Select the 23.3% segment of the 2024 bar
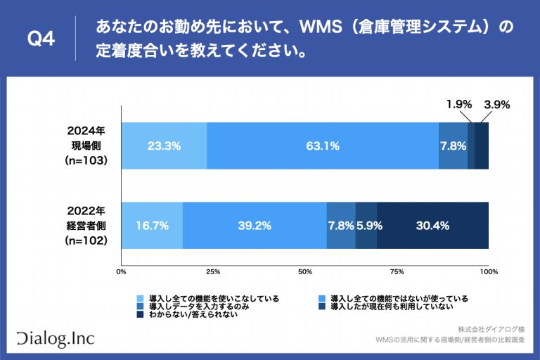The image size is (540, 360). click(164, 146)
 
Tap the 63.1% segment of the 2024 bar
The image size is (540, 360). click(323, 146)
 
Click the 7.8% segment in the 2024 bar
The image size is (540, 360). click(453, 146)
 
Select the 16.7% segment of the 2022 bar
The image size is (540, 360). click(152, 226)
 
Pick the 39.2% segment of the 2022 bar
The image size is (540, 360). click(255, 226)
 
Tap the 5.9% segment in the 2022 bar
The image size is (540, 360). click(366, 226)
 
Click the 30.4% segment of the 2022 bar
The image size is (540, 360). click(432, 226)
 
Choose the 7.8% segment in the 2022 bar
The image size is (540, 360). click(341, 226)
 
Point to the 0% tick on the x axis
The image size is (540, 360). click(121, 271)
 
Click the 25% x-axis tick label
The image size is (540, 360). click(213, 271)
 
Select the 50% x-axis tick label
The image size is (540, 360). click(305, 271)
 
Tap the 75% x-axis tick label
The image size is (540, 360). click(397, 271)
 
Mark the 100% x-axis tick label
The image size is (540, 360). click(488, 271)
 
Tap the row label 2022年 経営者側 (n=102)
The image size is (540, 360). click(86, 226)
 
